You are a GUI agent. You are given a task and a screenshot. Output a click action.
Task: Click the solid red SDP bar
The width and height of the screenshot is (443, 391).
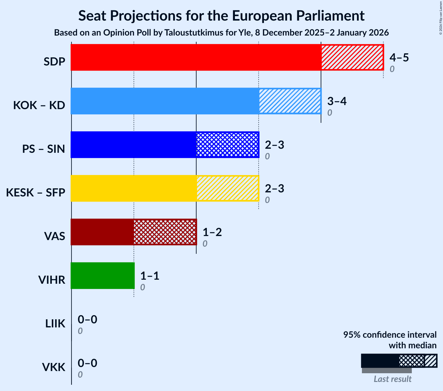coord(196,57)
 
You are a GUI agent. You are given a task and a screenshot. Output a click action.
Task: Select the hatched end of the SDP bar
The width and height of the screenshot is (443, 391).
coord(352,57)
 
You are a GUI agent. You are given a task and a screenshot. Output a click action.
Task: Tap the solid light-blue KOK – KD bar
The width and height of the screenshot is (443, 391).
coord(165,101)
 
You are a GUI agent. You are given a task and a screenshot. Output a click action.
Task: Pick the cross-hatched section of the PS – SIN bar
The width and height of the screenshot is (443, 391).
coord(227,145)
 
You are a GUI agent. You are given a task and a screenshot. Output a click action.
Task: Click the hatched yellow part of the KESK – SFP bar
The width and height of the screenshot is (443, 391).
coord(227,188)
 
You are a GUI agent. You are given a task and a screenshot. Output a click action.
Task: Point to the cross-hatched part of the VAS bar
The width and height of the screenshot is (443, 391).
coord(165,232)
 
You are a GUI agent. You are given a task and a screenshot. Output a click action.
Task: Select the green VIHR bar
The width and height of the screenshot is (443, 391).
coord(103,276)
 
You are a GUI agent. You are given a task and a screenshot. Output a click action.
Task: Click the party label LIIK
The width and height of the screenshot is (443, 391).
coord(55,324)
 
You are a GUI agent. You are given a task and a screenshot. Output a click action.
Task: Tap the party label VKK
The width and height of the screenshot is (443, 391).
coord(54,367)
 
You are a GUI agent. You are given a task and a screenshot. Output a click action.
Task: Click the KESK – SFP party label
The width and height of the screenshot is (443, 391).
coord(36,193)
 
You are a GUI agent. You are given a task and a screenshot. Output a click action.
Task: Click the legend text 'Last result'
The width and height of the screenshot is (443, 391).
coord(392,379)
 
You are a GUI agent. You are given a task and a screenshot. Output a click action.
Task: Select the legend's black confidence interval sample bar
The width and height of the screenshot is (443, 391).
coord(380,361)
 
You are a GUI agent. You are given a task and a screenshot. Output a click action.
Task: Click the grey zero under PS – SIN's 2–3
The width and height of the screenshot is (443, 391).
coord(267,157)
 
